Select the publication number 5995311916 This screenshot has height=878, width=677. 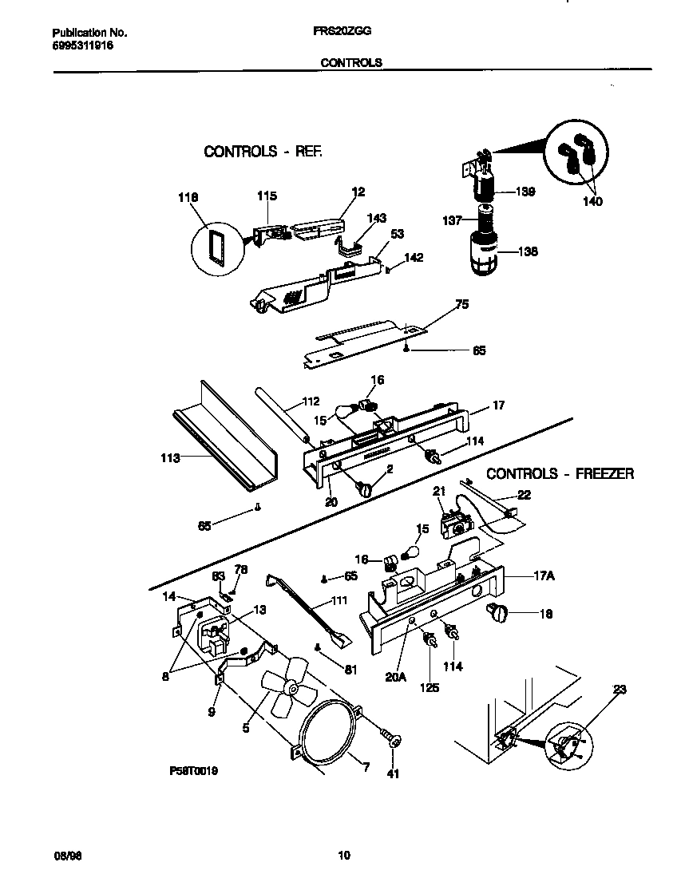click(x=82, y=46)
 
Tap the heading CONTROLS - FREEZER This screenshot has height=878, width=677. click(x=560, y=473)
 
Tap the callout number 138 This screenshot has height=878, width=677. click(x=529, y=251)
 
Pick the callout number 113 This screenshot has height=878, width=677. click(x=168, y=458)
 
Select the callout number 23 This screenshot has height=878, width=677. click(x=620, y=690)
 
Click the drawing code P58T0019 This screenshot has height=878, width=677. click(x=194, y=772)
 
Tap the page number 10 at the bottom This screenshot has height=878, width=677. click(x=344, y=856)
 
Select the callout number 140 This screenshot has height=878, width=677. click(x=592, y=202)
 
